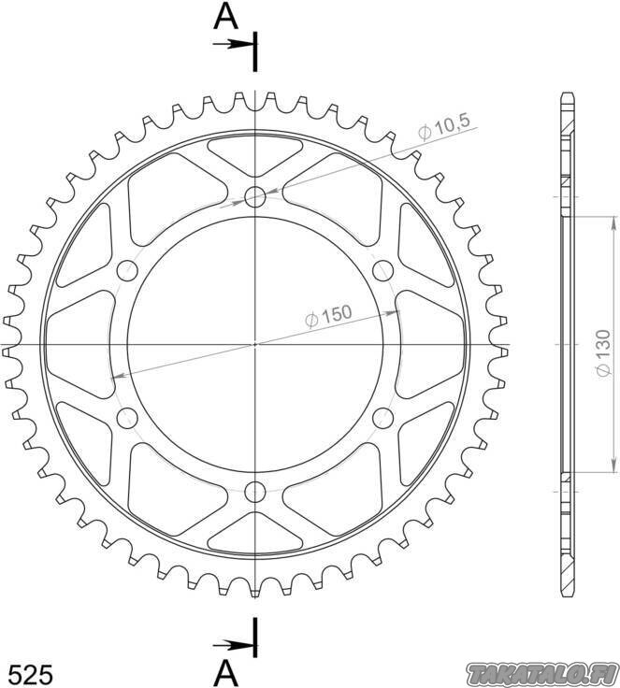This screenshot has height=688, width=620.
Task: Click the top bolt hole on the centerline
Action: coord(255,196)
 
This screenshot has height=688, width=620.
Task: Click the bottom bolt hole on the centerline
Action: coord(255,492)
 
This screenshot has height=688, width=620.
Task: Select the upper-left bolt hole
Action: coord(127,270)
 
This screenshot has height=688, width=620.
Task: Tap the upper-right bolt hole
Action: coord(382,270)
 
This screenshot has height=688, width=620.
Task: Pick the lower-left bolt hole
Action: coord(127,417)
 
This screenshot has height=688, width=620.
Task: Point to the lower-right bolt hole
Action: coord(382,417)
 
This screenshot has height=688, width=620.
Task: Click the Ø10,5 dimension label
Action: coord(444,127)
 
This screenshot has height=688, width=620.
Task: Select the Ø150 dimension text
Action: coord(328,315)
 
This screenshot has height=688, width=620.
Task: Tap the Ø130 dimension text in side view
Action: coord(604,352)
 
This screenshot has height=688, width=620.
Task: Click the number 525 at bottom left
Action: coord(31,674)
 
